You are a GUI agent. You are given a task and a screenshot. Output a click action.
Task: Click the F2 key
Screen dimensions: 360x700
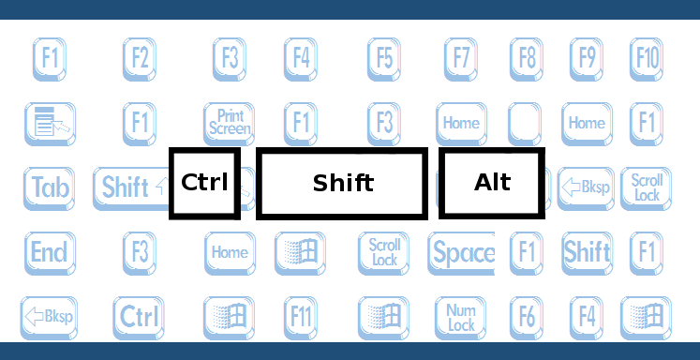point(140,59)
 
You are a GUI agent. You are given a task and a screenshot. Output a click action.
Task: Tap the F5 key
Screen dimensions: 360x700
point(384,59)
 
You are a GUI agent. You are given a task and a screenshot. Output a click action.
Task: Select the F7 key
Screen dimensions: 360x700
point(459,59)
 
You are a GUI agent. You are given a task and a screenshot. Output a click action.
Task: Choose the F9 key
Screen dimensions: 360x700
point(587,59)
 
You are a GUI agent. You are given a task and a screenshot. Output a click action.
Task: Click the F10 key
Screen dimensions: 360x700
point(647,59)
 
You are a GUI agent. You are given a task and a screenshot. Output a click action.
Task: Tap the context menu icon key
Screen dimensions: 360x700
point(50,123)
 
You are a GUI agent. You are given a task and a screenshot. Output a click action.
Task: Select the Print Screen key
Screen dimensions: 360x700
point(230,123)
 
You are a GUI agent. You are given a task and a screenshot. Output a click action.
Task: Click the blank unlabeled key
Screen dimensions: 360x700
point(525,123)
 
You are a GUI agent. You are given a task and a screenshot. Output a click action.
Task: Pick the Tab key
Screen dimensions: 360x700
point(50,187)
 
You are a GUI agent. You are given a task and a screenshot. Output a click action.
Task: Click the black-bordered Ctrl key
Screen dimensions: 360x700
point(204,183)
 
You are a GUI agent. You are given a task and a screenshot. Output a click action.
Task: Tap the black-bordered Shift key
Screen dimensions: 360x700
point(342,183)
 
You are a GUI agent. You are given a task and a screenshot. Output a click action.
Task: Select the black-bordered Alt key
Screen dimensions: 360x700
point(492,183)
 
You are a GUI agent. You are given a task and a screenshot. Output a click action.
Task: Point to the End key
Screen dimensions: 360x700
point(49,252)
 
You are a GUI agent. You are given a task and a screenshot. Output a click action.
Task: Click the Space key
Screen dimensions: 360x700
point(463,252)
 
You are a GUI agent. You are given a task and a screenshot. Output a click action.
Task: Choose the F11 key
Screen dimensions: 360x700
point(301,317)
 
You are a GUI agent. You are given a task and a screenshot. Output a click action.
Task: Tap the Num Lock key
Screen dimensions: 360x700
point(461,317)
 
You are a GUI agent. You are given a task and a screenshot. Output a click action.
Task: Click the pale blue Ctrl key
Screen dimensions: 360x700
point(139,317)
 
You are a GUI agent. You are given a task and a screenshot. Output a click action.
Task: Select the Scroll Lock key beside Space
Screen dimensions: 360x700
point(384,252)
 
